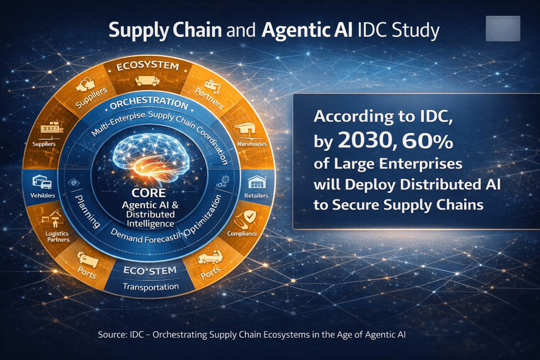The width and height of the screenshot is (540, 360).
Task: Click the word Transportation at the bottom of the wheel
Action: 151,287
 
